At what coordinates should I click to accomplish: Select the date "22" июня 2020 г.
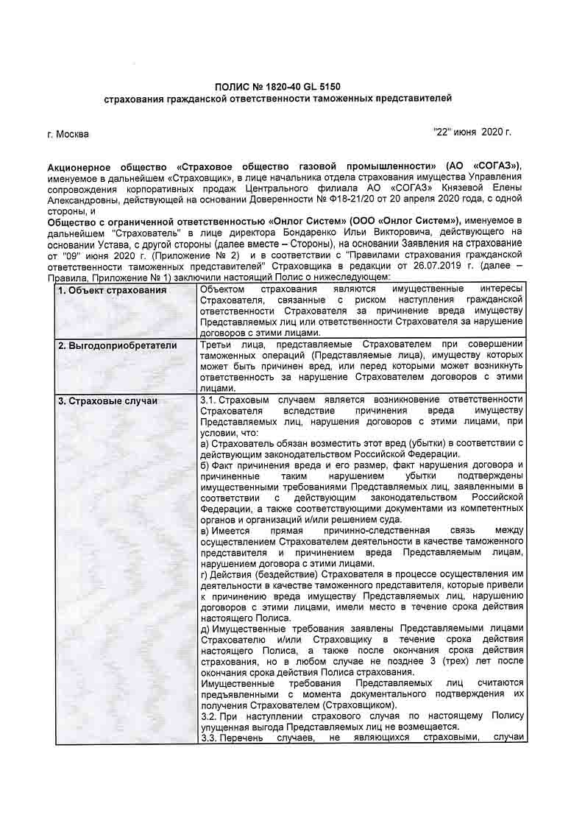472,132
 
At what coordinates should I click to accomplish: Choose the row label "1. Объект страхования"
113,290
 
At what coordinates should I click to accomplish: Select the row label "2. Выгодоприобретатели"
118,345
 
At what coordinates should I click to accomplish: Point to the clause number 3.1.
208,400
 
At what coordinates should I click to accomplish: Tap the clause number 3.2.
208,716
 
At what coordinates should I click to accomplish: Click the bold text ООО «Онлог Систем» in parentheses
398,220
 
